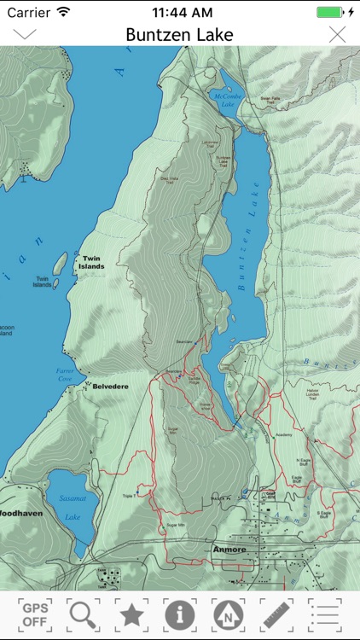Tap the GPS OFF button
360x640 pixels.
35,614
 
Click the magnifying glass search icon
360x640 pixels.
84,614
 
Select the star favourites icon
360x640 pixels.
131,614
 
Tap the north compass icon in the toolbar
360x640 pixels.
228,614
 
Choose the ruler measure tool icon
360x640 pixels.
276,614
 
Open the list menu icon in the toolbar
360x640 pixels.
324,614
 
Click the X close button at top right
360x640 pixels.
337,34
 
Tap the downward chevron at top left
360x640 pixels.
25,34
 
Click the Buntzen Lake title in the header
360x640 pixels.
179,34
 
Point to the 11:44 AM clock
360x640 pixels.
181,12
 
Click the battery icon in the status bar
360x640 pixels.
329,12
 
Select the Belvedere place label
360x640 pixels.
110,387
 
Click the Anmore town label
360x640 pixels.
229,550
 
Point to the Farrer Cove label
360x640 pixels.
65,374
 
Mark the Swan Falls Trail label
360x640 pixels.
270,100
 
